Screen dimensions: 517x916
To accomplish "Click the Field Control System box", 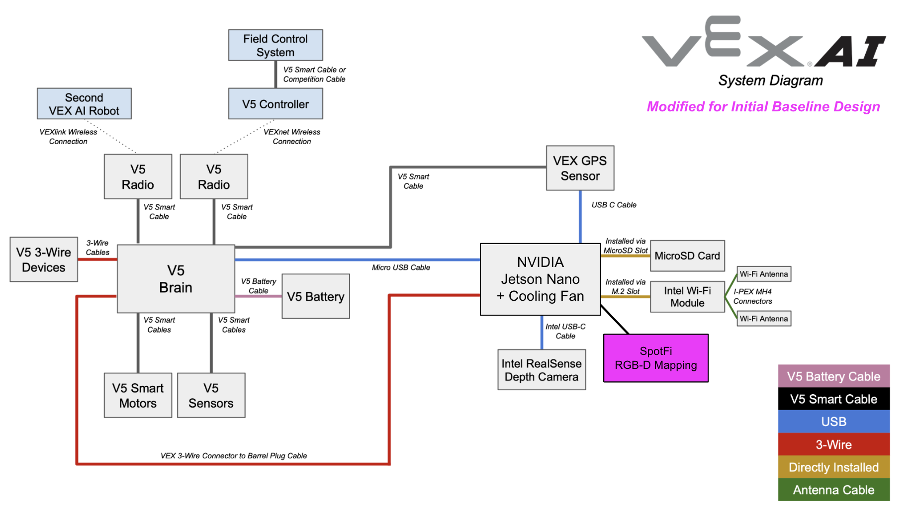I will click(275, 45).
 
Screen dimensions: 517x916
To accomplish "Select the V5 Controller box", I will click(275, 104).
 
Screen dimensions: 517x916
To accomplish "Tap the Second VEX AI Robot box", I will click(84, 104).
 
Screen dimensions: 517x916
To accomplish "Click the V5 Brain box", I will click(176, 279).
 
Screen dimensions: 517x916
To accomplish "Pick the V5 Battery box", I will click(315, 296).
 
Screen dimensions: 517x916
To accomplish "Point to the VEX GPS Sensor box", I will click(580, 168).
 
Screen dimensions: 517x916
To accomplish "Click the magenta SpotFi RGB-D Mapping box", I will click(655, 358).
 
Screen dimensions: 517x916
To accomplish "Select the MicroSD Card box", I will click(687, 256).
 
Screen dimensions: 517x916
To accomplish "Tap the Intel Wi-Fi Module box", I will click(687, 297).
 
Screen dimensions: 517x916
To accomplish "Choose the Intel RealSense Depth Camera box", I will click(541, 370).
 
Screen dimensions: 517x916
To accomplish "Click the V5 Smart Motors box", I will click(138, 395).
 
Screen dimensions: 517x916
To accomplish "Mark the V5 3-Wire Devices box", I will click(44, 259).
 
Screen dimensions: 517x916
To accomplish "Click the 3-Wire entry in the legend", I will click(833, 444).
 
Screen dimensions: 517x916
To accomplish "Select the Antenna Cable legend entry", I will click(833, 490).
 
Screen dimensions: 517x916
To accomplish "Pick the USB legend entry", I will click(833, 422).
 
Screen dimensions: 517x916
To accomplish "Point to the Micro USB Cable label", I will click(401, 267).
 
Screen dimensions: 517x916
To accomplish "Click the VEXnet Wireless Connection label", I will click(292, 137).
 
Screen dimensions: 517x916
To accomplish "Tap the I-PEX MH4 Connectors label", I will click(752, 296).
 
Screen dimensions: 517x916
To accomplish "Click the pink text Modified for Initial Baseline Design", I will click(763, 107).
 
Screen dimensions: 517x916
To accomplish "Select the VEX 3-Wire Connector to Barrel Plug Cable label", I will click(234, 456).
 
